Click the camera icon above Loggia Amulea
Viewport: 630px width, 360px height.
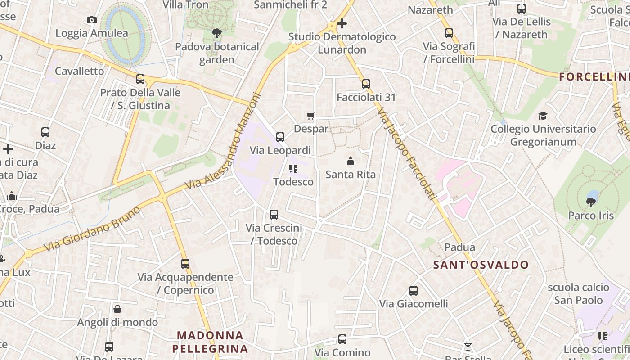click(x=92, y=20)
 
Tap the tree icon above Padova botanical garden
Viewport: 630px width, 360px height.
click(x=217, y=33)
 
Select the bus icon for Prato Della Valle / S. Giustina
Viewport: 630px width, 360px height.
click(x=140, y=79)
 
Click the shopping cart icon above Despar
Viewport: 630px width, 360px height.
click(x=310, y=116)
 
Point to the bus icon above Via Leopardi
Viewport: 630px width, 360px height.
click(x=280, y=137)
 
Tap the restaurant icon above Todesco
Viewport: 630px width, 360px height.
click(x=293, y=169)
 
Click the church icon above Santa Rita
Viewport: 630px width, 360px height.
click(x=351, y=161)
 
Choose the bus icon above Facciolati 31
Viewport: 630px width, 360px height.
click(x=366, y=84)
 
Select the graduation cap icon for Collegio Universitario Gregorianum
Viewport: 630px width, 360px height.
click(x=543, y=116)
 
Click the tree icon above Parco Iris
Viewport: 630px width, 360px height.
click(x=591, y=202)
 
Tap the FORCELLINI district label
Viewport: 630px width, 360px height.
click(x=594, y=77)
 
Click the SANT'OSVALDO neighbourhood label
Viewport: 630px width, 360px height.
click(x=481, y=265)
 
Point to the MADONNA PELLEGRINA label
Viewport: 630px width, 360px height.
click(x=210, y=342)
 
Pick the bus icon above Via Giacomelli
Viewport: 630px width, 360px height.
click(x=414, y=291)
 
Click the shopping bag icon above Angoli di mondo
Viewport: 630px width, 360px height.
click(x=117, y=309)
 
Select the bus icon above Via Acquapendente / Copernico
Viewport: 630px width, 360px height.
click(x=185, y=264)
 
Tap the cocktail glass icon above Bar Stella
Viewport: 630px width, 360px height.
click(x=468, y=346)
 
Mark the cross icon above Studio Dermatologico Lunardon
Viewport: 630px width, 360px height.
click(x=342, y=23)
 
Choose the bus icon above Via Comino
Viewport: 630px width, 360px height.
click(x=342, y=339)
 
